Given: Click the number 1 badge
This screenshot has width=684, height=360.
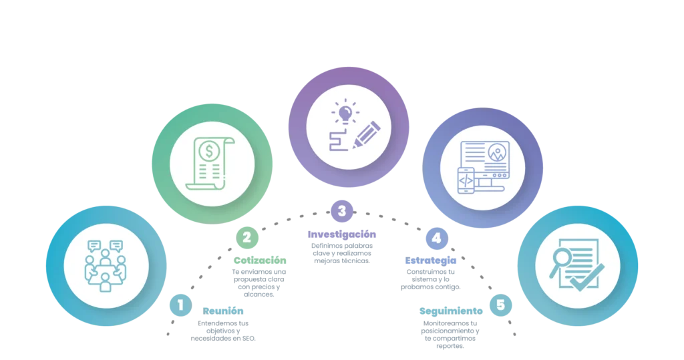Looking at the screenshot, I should [180, 305].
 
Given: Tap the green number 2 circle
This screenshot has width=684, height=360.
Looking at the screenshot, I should [246, 236].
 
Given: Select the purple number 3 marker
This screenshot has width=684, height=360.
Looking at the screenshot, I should [342, 212].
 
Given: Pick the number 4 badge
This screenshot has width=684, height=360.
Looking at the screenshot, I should [436, 237].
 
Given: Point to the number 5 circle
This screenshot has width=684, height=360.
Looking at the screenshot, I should [501, 305].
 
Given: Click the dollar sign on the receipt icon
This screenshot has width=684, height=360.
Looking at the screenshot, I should [210, 152].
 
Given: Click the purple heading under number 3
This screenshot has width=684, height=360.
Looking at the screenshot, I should [342, 235].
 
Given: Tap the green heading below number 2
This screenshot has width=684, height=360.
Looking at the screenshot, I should [259, 260].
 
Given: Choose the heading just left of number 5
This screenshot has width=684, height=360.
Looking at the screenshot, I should [451, 310].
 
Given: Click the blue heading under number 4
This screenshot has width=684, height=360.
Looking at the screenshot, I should [431, 260].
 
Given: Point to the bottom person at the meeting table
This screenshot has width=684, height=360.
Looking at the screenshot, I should [106, 284].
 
